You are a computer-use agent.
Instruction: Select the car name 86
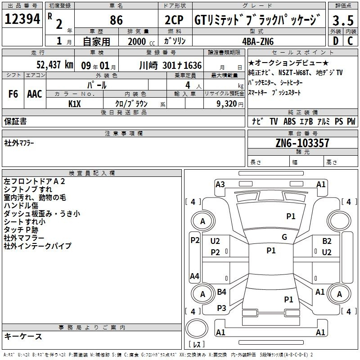116,20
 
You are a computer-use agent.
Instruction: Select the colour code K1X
75,103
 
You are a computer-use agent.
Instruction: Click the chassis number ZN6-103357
302,143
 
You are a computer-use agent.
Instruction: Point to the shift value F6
13,94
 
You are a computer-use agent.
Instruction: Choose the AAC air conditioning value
35,94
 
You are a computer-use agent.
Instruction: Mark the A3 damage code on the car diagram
220,184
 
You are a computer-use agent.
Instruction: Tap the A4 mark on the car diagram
195,276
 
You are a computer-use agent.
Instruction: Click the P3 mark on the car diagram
221,308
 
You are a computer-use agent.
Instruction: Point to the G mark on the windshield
284,237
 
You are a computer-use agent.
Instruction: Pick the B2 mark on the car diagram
327,241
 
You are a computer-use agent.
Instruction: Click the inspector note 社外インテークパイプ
37,246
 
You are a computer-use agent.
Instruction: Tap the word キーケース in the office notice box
23,337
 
